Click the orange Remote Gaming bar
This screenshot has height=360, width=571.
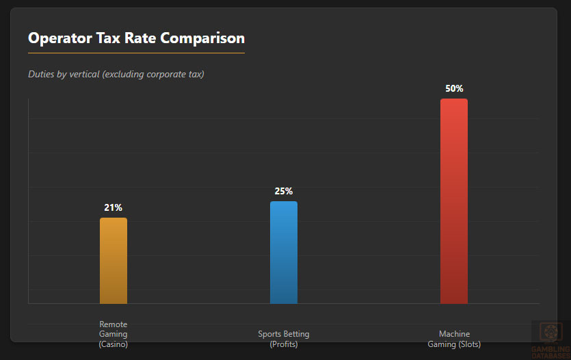click(114, 260)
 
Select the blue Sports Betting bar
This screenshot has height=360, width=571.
click(284, 252)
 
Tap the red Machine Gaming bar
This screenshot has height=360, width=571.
click(454, 201)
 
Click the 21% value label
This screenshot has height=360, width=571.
click(114, 207)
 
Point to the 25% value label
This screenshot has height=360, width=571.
click(284, 191)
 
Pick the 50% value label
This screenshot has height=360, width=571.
click(454, 88)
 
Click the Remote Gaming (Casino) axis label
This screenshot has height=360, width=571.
click(114, 334)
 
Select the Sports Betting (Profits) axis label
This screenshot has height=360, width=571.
click(284, 339)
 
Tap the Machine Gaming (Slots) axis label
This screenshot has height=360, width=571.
click(454, 339)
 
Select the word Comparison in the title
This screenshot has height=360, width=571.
click(202, 39)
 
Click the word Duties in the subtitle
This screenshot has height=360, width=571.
click(42, 74)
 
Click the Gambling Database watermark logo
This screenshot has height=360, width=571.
click(548, 339)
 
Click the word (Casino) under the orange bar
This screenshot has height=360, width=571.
click(114, 344)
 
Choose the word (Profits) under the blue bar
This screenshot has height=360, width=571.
click(284, 344)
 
